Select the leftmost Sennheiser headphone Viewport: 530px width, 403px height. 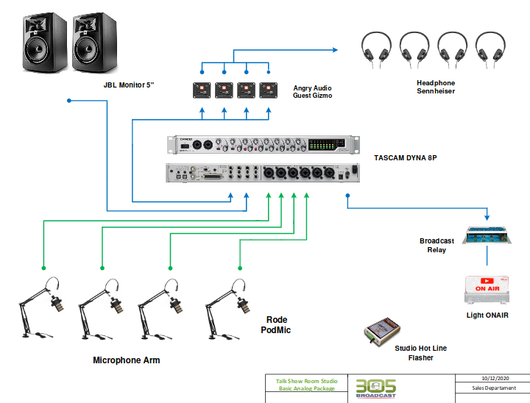pyautogui.click(x=376, y=49)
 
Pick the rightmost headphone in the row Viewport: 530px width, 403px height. pyautogui.click(x=491, y=49)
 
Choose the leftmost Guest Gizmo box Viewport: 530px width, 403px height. pyautogui.click(x=202, y=90)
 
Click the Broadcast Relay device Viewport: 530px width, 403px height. pyautogui.click(x=487, y=235)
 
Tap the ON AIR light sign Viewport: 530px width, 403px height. pyautogui.click(x=487, y=288)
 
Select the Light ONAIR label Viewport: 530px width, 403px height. pyautogui.click(x=487, y=315)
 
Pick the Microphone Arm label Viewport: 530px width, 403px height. pyautogui.click(x=127, y=360)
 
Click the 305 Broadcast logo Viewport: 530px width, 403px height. pyautogui.click(x=375, y=388)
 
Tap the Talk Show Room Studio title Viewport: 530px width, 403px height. pyautogui.click(x=307, y=381)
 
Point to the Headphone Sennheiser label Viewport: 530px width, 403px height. pyautogui.click(x=436, y=87)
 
